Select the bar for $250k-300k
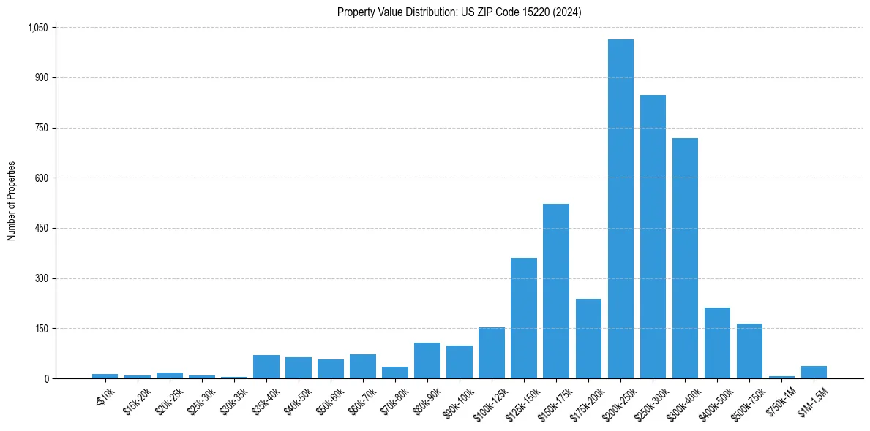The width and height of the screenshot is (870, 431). click(653, 237)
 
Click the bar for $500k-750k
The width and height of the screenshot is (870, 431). click(749, 351)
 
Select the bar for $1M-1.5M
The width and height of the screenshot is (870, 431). click(814, 372)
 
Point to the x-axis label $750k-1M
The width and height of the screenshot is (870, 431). click(781, 401)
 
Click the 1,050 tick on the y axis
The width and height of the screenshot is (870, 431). click(37, 28)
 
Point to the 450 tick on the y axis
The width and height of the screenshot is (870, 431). click(41, 229)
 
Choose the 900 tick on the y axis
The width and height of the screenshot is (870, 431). click(41, 78)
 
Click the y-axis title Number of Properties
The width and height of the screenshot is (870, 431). click(12, 201)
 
